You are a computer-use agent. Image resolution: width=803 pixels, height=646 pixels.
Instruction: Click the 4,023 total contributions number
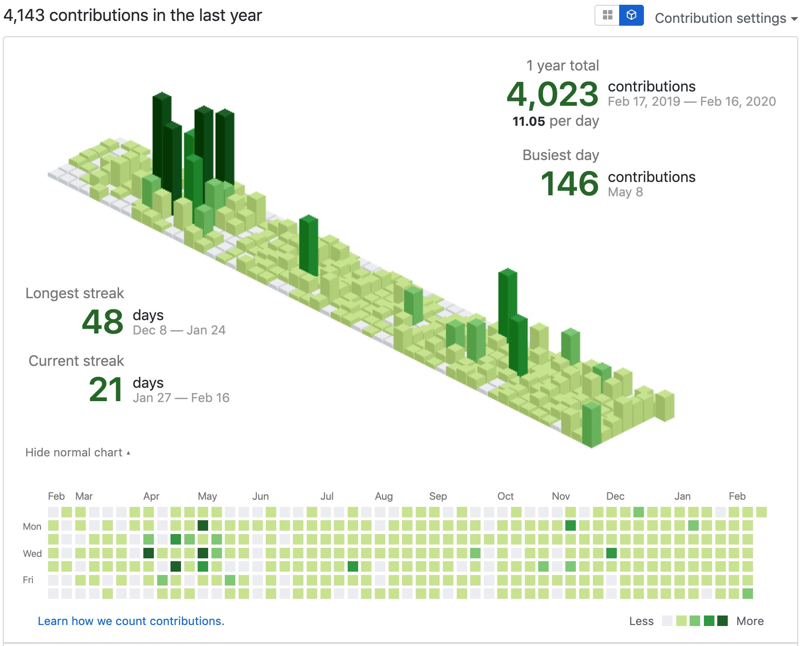(552, 94)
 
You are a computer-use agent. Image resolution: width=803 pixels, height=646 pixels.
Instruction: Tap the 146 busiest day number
(569, 184)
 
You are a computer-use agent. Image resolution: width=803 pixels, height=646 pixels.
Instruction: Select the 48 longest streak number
(102, 322)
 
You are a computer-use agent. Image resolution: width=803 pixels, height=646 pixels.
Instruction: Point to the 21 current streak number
(106, 390)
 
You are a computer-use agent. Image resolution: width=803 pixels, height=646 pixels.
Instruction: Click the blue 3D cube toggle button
(631, 15)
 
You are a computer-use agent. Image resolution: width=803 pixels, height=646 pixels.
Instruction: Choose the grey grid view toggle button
(607, 15)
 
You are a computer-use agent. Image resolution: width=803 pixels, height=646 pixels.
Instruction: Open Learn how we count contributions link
(131, 621)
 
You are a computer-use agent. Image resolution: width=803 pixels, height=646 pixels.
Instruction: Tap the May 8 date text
(625, 192)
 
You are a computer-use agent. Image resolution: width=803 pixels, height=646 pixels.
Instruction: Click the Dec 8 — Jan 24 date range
(179, 330)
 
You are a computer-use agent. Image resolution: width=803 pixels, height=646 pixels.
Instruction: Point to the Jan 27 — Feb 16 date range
(181, 398)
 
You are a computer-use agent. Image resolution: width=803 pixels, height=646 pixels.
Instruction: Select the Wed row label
(32, 554)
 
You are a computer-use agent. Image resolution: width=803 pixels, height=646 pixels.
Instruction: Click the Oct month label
(505, 496)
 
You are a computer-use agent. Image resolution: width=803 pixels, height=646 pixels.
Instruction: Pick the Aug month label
(383, 496)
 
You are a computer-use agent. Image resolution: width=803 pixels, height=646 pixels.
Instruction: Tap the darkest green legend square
(722, 621)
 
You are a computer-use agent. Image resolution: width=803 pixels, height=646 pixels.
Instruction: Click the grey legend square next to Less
(667, 621)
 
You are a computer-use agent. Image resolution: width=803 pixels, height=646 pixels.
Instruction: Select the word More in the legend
(750, 621)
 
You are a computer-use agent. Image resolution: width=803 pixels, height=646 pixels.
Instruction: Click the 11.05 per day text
(555, 121)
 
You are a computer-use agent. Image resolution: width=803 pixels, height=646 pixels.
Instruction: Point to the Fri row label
(28, 580)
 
